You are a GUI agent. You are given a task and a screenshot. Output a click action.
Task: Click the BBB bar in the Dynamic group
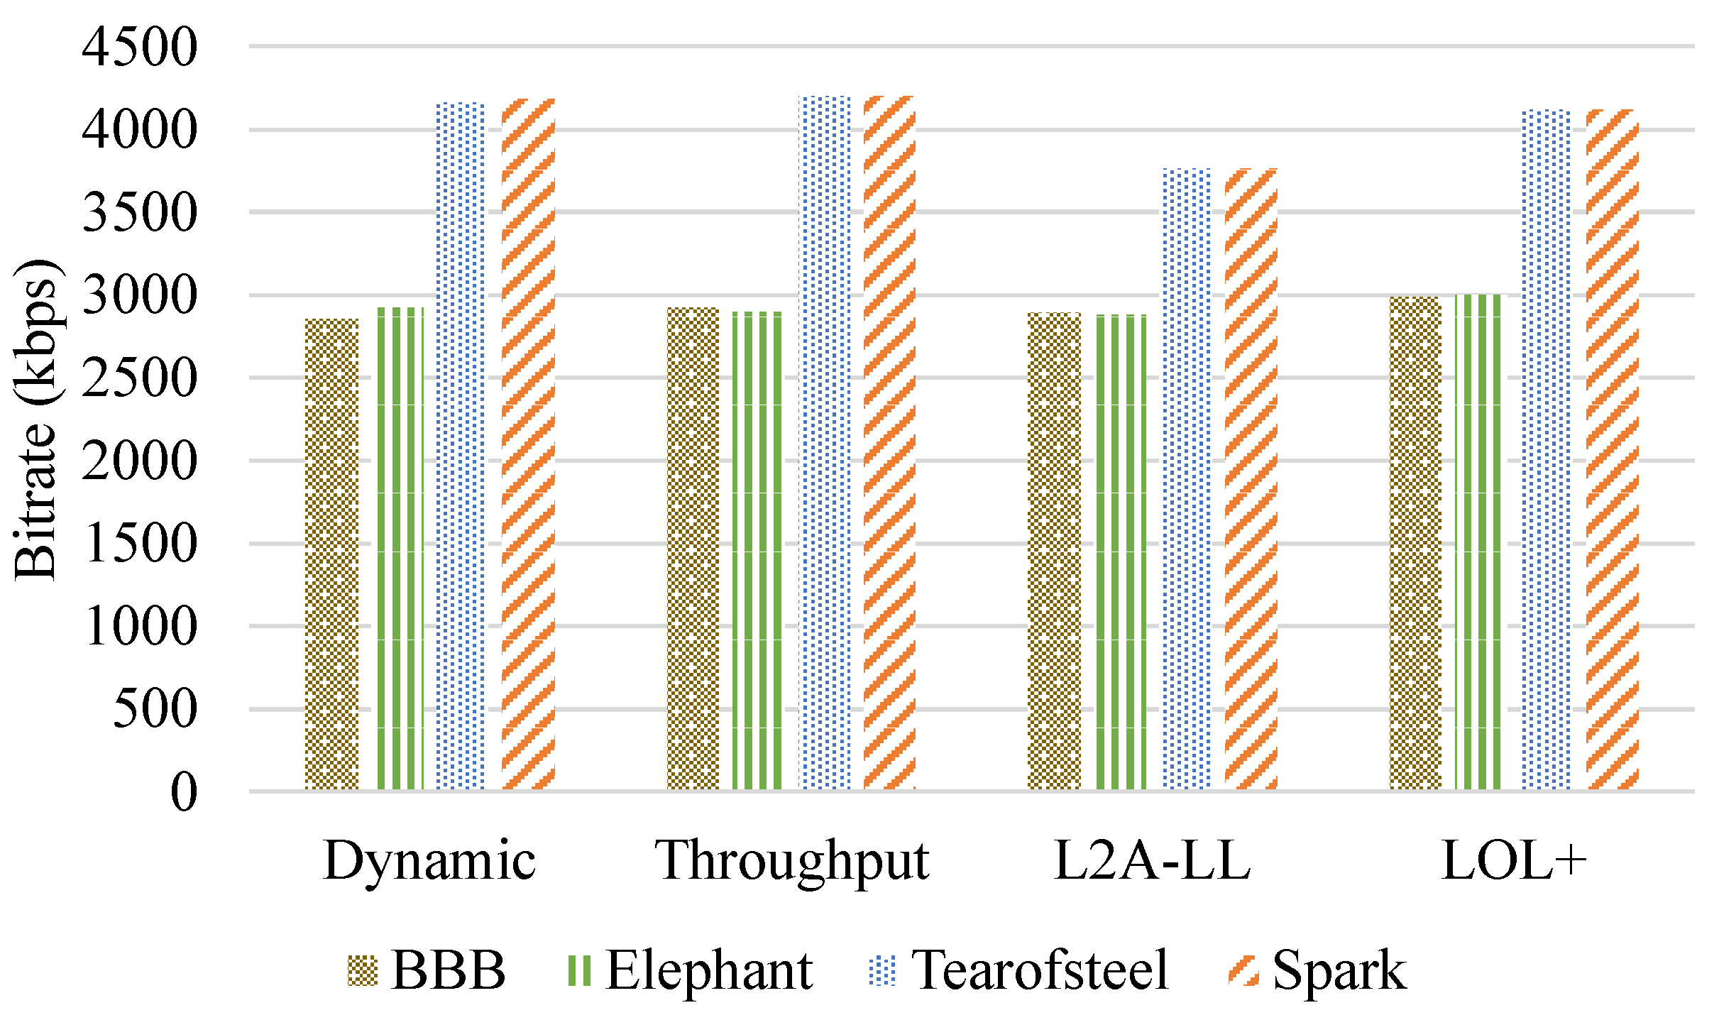331,554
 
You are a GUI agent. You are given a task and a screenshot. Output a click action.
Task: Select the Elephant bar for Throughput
757,550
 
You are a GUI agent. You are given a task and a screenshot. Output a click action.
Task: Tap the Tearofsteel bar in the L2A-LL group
1187,479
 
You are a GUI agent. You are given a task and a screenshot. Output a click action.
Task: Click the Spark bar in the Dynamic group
528,444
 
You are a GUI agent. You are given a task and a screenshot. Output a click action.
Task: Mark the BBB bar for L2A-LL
1054,551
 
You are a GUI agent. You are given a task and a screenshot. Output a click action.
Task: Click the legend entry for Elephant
708,970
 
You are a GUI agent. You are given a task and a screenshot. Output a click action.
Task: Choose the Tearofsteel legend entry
1039,970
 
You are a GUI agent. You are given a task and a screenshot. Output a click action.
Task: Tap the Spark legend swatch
1243,970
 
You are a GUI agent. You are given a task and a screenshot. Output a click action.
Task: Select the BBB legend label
449,970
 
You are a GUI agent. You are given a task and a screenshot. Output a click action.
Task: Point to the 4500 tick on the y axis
139,48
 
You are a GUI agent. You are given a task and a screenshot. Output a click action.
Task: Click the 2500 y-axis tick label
139,378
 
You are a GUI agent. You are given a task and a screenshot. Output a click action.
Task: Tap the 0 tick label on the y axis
184,791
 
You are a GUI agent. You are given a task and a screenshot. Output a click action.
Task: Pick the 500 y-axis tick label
155,708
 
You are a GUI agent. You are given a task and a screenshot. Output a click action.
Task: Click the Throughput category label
791,860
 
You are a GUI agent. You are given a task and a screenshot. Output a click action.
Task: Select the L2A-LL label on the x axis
1152,860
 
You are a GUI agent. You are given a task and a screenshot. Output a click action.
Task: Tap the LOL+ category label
1513,860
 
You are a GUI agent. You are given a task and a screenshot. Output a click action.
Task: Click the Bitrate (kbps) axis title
35,419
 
